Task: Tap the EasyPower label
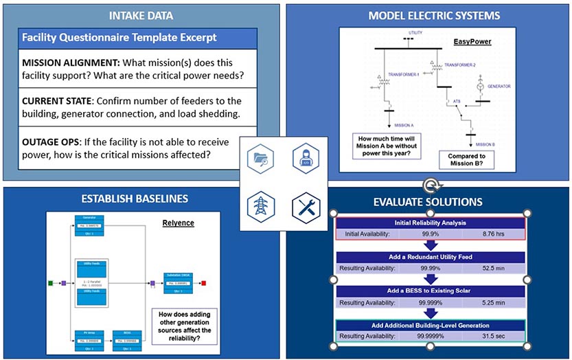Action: [x=471, y=42]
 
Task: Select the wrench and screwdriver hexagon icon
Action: [x=306, y=206]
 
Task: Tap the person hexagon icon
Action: [x=306, y=159]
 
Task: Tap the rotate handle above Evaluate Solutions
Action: [x=430, y=186]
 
